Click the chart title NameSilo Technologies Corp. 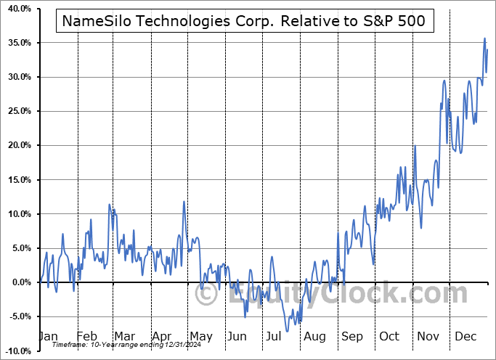click(244, 21)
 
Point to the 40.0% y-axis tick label click(17, 9)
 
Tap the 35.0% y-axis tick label click(17, 43)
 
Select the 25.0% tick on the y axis click(17, 111)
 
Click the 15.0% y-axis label click(17, 180)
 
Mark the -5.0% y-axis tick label click(17, 316)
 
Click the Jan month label click(47, 336)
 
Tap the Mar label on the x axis click(123, 336)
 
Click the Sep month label click(351, 336)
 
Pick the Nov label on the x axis click(429, 336)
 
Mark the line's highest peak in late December click(485, 38)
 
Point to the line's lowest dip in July click(288, 332)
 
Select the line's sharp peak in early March click(109, 205)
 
